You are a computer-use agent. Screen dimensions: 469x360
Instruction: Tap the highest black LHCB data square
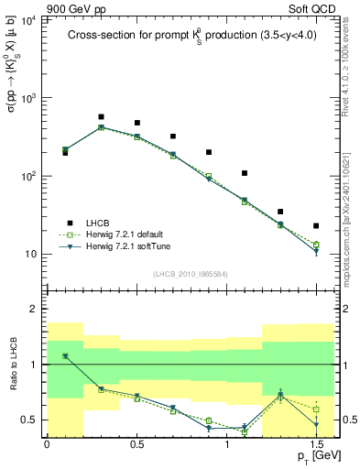(101, 117)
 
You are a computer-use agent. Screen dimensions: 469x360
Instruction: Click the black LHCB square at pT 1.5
(316, 225)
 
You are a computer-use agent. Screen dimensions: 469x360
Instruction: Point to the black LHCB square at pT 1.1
(245, 173)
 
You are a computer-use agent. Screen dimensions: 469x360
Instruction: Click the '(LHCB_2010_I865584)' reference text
(190, 274)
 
